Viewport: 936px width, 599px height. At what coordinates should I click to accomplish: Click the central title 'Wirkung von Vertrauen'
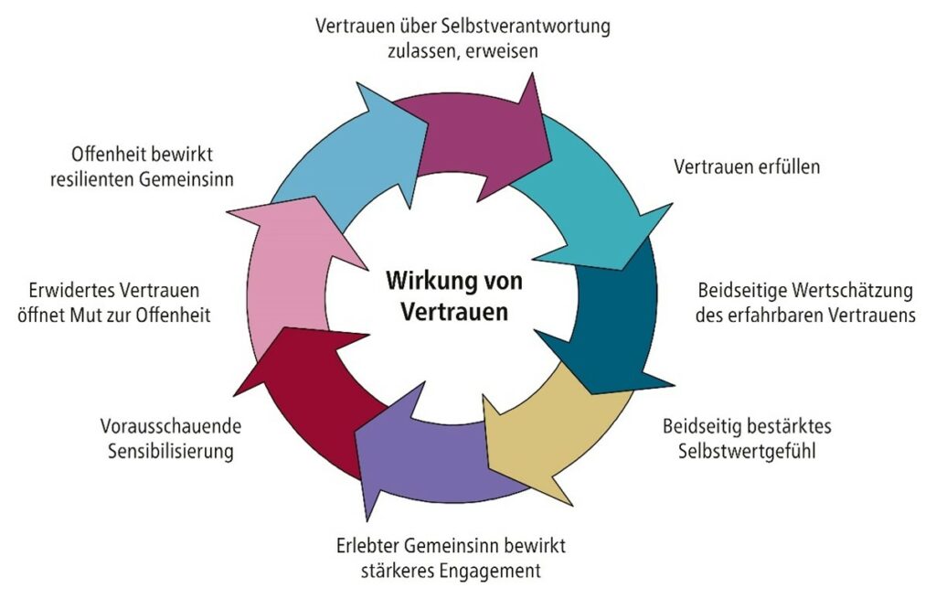click(x=453, y=295)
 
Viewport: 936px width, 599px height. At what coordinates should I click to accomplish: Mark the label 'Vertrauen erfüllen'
click(x=747, y=167)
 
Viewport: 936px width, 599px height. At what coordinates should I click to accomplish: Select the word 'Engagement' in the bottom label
click(x=495, y=572)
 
